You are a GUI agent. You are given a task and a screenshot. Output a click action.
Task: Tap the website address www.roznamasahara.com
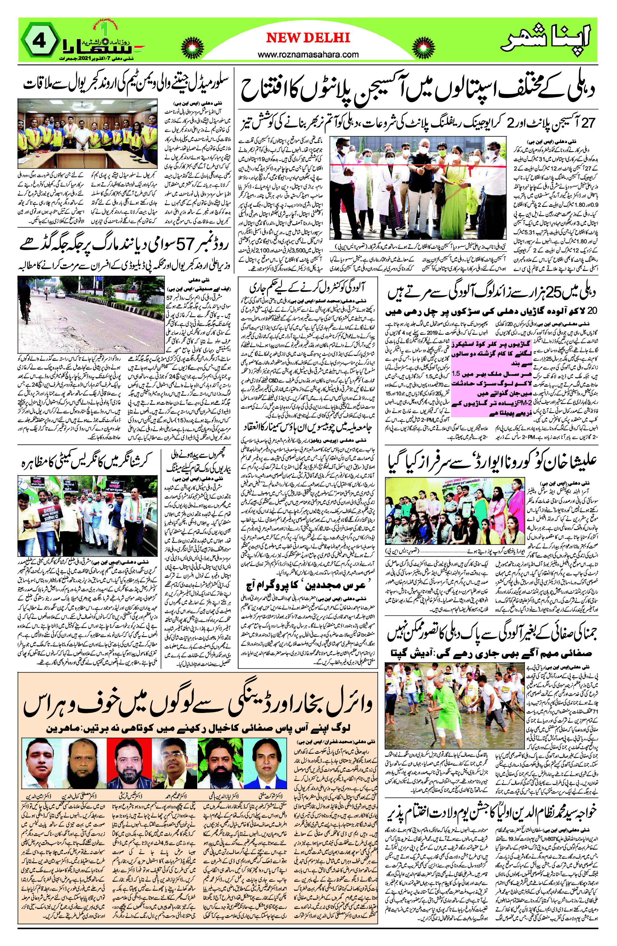[308, 54]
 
